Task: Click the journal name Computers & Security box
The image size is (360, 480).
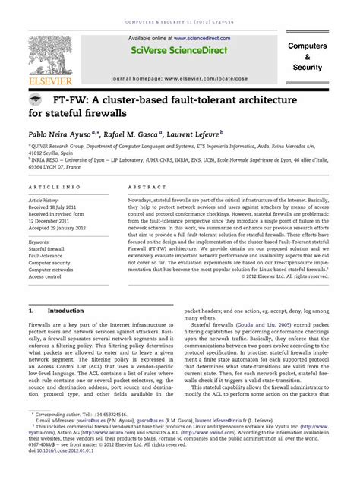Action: point(307,57)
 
